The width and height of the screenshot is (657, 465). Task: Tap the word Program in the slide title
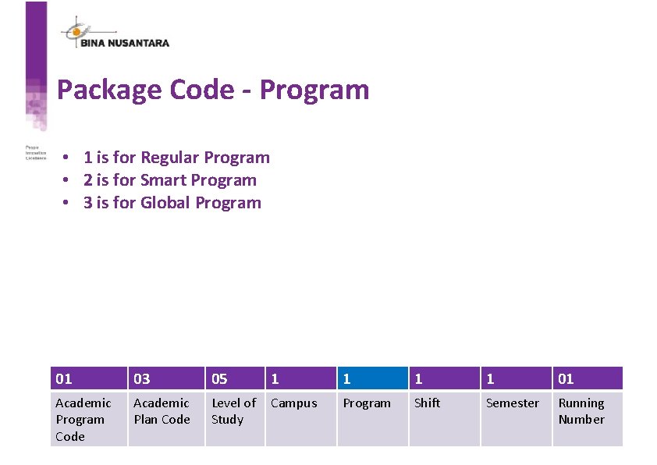pos(314,90)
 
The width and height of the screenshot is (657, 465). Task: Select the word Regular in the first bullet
pos(170,158)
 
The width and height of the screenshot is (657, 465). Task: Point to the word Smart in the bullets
pos(164,180)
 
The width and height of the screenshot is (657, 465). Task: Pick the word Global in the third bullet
pos(166,203)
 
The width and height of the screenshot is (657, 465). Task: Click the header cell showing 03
pos(165,378)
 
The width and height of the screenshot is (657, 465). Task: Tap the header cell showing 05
pos(234,378)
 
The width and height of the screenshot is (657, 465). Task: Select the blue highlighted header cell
pos(372,378)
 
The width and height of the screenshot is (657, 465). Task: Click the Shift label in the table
pos(427,403)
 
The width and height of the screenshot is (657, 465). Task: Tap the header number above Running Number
pos(566,378)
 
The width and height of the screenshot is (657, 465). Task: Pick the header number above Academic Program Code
pos(64,378)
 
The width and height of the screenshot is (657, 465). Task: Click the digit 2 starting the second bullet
pos(88,180)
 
